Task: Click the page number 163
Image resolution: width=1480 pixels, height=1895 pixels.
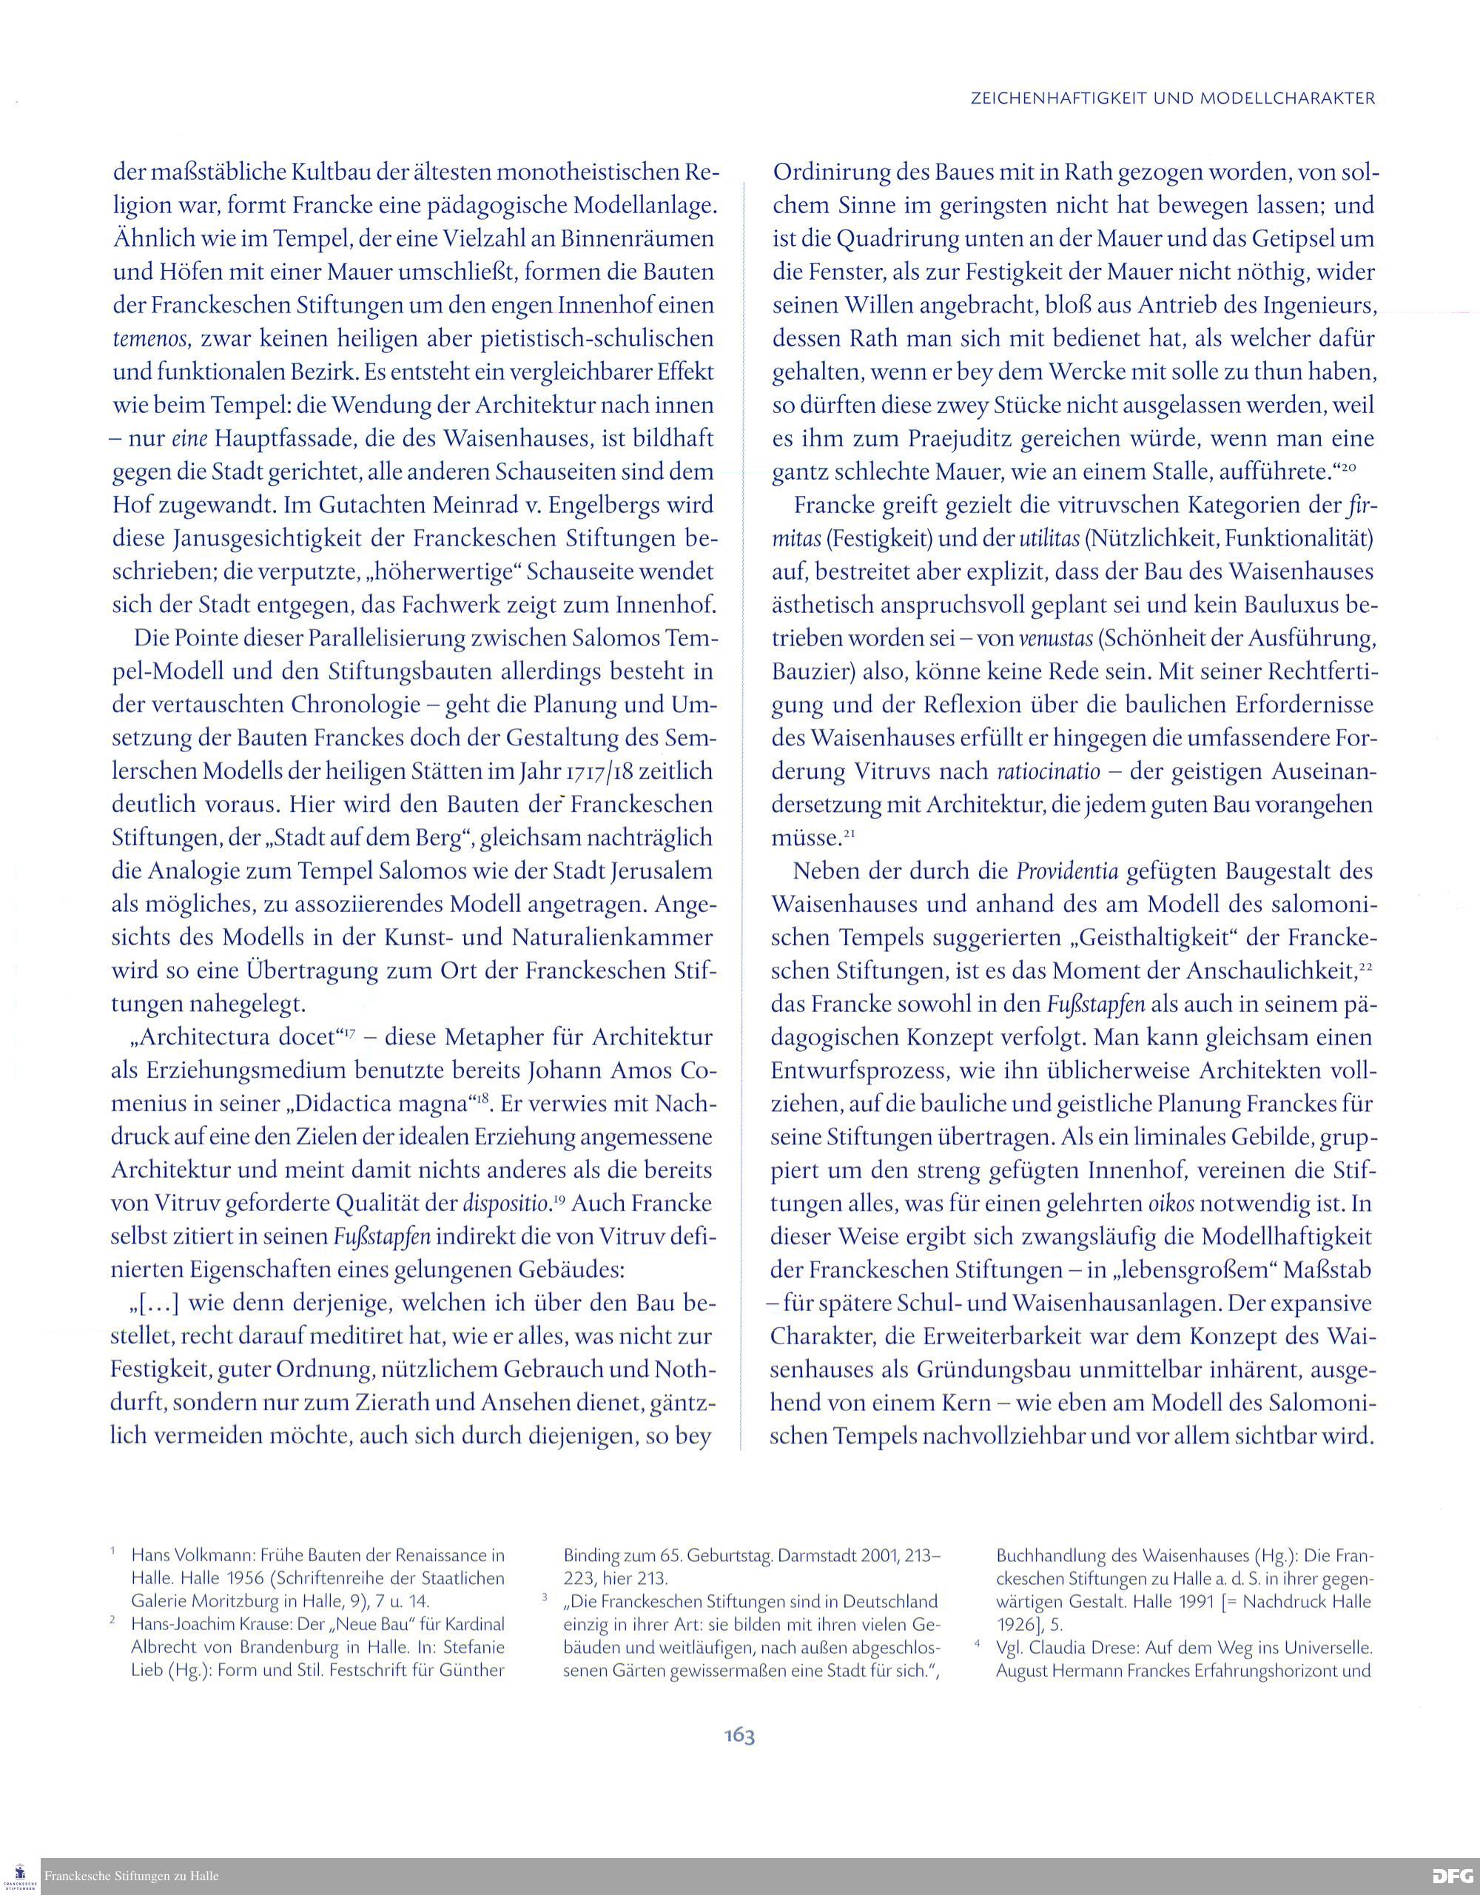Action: pyautogui.click(x=739, y=1735)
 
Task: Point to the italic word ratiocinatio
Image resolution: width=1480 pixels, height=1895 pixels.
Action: pyautogui.click(x=1048, y=771)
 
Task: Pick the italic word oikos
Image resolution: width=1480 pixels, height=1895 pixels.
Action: pyautogui.click(x=1167, y=1204)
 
